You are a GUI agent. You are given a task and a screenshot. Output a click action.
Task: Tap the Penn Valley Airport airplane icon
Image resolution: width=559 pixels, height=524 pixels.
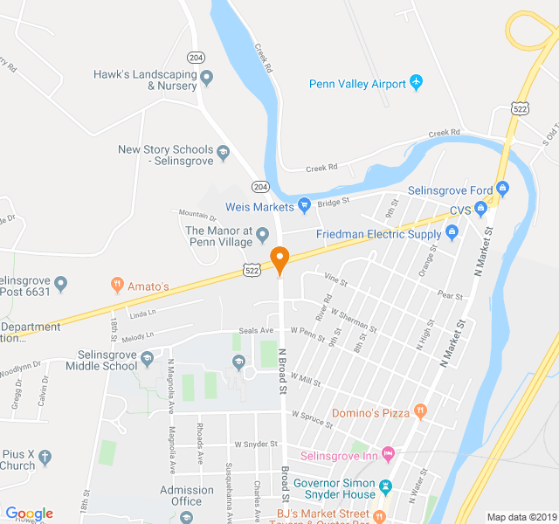(x=416, y=83)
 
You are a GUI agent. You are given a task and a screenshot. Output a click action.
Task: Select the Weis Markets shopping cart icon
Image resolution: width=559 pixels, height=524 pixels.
(x=304, y=206)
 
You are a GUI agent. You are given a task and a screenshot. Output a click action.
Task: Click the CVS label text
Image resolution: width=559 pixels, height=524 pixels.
(x=459, y=210)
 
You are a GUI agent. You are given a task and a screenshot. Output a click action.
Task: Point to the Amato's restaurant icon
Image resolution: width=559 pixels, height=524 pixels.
(x=116, y=285)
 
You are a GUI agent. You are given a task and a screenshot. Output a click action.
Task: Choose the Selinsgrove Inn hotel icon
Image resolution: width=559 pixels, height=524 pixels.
(x=389, y=454)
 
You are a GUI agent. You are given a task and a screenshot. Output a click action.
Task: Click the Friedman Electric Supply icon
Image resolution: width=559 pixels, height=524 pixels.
(x=452, y=232)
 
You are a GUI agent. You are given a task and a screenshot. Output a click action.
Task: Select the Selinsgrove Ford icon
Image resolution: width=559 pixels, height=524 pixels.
(x=502, y=189)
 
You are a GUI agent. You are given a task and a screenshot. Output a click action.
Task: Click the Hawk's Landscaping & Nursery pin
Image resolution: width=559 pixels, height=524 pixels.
(x=207, y=79)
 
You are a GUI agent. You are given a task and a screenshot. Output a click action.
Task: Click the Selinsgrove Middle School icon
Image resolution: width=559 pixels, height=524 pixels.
(x=147, y=360)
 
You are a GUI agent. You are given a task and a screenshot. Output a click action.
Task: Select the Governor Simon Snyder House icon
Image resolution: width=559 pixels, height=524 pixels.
(x=385, y=486)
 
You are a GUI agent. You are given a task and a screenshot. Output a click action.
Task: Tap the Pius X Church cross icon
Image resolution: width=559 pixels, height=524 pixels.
(x=45, y=458)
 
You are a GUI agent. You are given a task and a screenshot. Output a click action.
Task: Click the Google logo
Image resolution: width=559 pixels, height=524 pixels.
(x=29, y=514)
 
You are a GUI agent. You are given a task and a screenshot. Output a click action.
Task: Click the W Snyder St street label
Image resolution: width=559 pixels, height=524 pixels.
(x=256, y=445)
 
